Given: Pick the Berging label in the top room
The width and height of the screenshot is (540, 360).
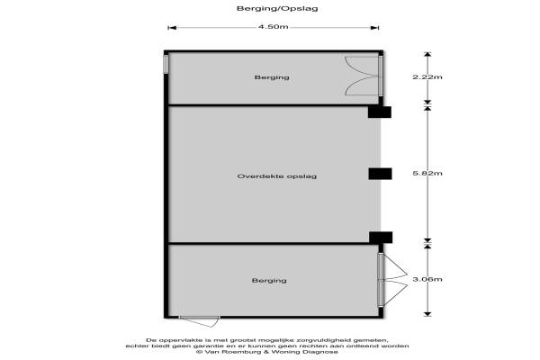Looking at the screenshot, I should tap(272, 78).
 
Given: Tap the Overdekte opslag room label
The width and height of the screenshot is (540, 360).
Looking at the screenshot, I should tap(272, 176).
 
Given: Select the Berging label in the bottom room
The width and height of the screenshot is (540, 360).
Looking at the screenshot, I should tap(269, 281).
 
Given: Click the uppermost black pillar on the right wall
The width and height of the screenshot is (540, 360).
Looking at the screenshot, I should tap(380, 112).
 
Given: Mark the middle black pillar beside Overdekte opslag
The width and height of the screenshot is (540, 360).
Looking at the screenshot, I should tap(380, 174).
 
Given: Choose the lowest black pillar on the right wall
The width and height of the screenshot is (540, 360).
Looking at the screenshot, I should tap(380, 238).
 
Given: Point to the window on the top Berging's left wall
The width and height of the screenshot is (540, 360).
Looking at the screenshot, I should tap(166, 67).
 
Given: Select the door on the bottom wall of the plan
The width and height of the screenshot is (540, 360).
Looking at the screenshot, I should tap(199, 319).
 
